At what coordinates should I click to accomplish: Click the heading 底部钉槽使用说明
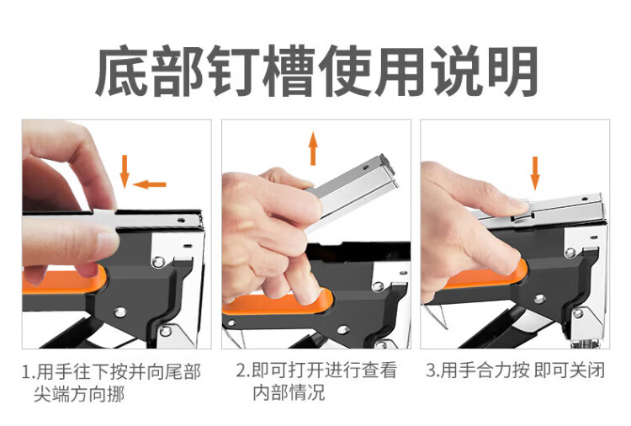point(316,72)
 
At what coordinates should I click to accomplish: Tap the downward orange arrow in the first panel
point(125,172)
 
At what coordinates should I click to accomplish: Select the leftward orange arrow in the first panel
point(149,185)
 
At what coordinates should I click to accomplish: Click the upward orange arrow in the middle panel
point(313,148)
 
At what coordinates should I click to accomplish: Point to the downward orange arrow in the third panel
point(535,173)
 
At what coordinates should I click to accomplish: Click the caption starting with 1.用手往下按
point(111,382)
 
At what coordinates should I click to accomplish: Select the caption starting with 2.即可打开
point(316,381)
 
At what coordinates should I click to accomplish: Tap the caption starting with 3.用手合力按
point(516,370)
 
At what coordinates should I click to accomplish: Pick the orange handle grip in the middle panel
point(278,302)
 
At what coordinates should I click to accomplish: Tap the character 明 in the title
point(512,72)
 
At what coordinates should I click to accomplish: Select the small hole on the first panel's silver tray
point(182,221)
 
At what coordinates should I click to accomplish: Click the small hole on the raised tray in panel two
point(366,167)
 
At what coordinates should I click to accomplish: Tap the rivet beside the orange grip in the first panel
point(158,262)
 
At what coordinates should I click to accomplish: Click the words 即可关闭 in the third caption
point(570,370)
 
